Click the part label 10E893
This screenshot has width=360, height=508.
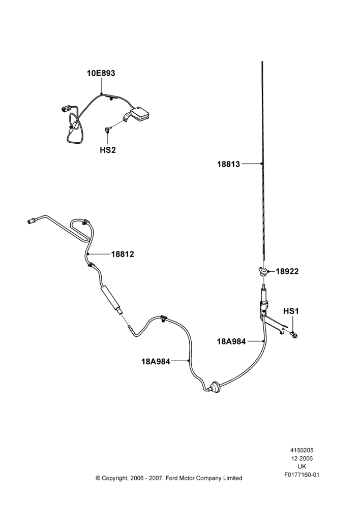101,73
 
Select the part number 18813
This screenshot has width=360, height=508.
229,164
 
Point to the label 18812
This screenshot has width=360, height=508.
123,255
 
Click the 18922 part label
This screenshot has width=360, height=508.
287,271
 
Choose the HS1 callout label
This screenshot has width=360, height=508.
291,311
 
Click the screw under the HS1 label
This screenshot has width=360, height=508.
294,334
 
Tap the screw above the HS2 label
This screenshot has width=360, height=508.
107,129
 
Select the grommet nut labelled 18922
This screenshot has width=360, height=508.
263,270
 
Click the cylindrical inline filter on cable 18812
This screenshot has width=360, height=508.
111,298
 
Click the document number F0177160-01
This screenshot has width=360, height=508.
302,475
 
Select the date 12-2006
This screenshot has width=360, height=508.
302,458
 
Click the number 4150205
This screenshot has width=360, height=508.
302,450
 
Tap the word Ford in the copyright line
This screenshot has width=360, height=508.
172,478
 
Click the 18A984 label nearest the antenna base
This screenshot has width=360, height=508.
231,341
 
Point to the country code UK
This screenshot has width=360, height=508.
302,467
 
